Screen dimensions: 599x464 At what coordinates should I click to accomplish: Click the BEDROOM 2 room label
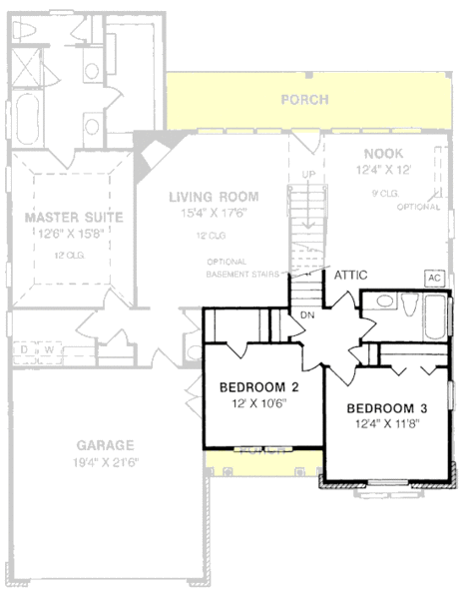pyautogui.click(x=259, y=387)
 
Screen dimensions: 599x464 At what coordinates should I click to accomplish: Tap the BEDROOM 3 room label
pyautogui.click(x=387, y=407)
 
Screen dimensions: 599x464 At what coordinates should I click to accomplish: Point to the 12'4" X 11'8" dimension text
pyautogui.click(x=387, y=424)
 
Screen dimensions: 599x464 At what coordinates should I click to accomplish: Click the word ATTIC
pyautogui.click(x=353, y=274)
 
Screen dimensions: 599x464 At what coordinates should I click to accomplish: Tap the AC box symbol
pyautogui.click(x=434, y=277)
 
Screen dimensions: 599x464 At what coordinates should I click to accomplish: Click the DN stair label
pyautogui.click(x=308, y=315)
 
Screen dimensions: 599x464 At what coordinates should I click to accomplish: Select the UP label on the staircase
pyautogui.click(x=307, y=176)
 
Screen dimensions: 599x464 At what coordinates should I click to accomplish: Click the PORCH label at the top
pyautogui.click(x=304, y=100)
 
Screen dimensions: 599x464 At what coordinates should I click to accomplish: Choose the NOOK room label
pyautogui.click(x=382, y=154)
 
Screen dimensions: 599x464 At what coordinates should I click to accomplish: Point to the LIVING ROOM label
pyautogui.click(x=214, y=197)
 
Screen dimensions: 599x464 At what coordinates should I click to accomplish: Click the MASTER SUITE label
pyautogui.click(x=74, y=216)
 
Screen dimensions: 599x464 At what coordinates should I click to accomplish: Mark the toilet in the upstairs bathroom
pyautogui.click(x=409, y=306)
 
